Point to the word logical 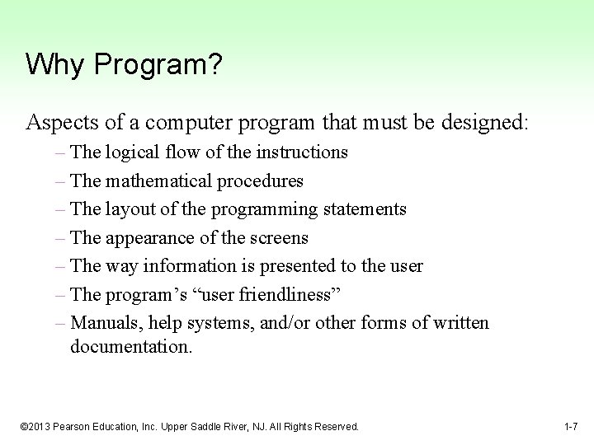coord(131,152)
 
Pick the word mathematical coord(160,180)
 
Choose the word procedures coord(262,181)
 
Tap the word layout coord(130,209)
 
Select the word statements coord(364,209)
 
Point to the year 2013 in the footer coord(42,427)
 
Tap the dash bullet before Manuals coord(64,323)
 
